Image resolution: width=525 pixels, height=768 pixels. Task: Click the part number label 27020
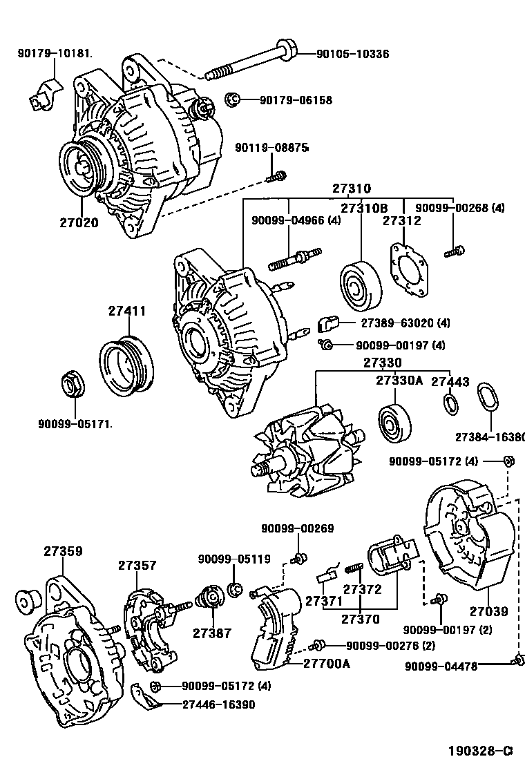point(78,222)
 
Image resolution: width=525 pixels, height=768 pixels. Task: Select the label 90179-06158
point(296,100)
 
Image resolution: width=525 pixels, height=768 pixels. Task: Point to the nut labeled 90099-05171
point(71,383)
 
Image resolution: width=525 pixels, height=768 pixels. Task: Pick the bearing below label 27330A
point(394,422)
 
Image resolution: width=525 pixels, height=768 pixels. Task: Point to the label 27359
point(63,551)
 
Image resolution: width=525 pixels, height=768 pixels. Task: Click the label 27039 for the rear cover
point(488,611)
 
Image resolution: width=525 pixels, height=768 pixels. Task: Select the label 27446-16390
point(218,704)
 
